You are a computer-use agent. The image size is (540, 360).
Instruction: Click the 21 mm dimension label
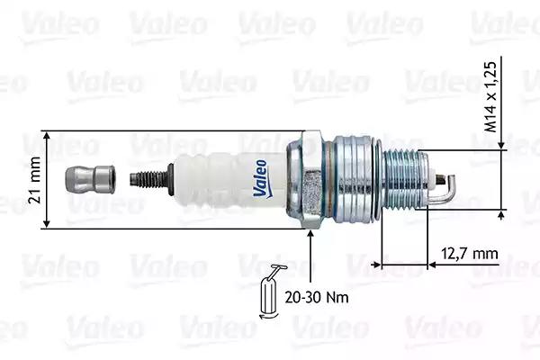(35, 180)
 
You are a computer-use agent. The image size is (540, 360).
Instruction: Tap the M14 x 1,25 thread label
(490, 97)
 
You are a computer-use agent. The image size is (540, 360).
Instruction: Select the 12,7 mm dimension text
(470, 254)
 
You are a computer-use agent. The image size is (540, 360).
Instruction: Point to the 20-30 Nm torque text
(317, 297)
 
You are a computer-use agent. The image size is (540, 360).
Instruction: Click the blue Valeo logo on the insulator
(261, 178)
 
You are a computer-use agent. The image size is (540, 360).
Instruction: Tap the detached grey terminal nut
(90, 179)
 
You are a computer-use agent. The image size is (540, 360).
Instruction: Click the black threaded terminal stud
(151, 179)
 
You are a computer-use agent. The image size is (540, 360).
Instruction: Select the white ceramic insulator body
(230, 179)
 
